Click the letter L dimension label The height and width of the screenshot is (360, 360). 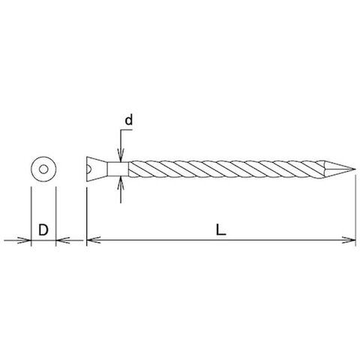(220, 229)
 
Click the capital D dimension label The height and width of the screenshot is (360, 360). (43, 229)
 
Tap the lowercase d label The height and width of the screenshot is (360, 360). (128, 121)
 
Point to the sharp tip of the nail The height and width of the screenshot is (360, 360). (355, 169)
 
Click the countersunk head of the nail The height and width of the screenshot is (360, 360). (97, 169)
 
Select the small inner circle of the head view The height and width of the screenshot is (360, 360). (43, 169)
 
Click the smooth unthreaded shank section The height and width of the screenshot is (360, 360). (118, 169)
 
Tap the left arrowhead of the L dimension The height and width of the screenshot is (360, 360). (94, 240)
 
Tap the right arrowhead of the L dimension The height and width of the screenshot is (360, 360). (349, 240)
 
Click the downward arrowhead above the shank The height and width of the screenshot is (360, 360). (121, 155)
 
